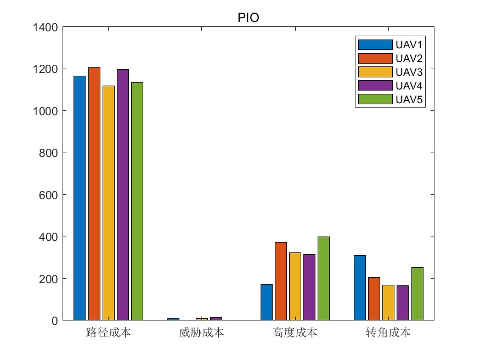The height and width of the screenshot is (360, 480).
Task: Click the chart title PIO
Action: [248, 18]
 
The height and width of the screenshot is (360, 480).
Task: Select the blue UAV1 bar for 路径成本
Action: [80, 198]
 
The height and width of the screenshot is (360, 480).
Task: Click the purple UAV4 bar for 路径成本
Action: [123, 194]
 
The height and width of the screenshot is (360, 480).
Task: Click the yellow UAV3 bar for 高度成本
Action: [295, 286]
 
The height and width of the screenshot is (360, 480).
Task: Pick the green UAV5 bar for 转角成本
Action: [417, 294]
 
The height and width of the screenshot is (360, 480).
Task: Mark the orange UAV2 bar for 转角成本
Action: [374, 299]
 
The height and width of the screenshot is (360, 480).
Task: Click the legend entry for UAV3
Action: [389, 72]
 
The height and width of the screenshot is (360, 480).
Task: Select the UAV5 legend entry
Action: [389, 99]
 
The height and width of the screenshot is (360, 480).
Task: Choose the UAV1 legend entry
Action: [389, 44]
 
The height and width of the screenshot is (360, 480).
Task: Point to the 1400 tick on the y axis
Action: [47, 27]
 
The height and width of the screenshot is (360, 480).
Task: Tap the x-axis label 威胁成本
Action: [201, 333]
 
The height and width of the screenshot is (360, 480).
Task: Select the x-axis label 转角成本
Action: [388, 333]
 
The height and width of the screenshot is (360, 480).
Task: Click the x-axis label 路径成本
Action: [108, 333]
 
